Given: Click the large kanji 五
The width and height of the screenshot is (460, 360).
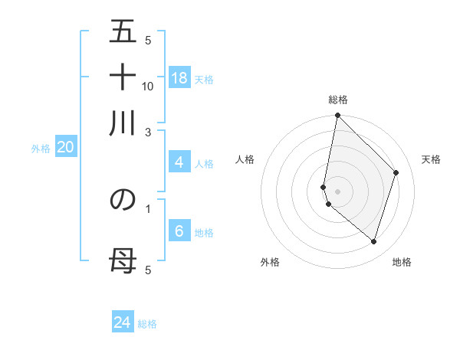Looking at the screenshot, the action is (123, 31).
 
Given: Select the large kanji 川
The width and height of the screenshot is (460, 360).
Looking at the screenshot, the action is (123, 123).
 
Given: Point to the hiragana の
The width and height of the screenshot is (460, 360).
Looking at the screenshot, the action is (123, 199).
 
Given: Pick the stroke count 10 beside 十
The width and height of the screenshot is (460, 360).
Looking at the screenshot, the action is (148, 86).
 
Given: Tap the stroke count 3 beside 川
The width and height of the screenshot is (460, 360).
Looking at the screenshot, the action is (148, 132).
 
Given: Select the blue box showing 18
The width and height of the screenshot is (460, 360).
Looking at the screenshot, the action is (179, 78).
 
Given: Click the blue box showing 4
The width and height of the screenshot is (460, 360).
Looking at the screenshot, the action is (179, 162).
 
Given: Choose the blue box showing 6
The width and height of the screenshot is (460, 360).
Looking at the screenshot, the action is (179, 231).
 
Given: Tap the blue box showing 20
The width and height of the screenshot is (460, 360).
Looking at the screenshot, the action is (65, 148).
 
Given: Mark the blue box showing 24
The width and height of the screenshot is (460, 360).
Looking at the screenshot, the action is (123, 322).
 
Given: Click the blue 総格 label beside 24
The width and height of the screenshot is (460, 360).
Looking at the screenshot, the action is (147, 324).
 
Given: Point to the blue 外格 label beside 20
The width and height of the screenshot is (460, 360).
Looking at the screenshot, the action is (41, 149).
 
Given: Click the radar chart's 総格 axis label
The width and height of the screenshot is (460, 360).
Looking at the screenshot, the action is (337, 100).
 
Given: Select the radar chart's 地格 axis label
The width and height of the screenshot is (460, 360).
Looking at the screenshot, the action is (402, 262).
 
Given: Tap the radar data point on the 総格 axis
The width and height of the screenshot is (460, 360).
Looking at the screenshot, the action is (337, 116).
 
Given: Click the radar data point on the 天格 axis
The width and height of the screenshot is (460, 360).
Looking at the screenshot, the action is (396, 172).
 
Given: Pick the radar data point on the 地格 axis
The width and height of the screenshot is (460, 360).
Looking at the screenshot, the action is (373, 241).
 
